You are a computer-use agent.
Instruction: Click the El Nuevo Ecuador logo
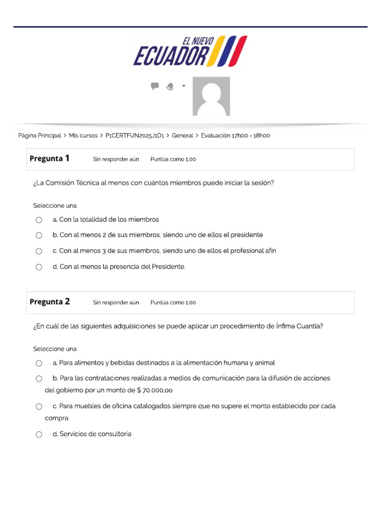190,51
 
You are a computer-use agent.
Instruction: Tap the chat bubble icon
155,86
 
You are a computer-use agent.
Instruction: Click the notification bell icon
170,87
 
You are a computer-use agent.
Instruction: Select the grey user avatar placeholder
211,96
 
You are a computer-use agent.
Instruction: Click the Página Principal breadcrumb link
40,135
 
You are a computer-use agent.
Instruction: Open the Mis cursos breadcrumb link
83,135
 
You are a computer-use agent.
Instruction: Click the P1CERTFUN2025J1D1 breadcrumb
135,135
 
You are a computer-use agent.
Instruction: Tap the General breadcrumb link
182,135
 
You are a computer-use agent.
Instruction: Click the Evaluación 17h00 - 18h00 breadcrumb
236,135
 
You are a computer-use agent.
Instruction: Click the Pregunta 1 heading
49,159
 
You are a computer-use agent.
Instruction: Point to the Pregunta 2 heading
49,302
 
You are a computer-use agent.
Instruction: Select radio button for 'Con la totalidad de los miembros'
39,220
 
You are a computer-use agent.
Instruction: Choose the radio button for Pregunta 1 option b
39,235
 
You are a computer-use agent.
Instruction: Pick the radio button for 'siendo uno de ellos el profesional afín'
39,251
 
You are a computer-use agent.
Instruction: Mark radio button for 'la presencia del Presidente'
39,267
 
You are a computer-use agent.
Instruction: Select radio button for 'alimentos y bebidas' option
39,363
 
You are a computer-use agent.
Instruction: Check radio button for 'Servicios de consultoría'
39,434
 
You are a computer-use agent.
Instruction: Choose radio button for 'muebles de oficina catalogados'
39,406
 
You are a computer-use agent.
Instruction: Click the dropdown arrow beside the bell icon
184,86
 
